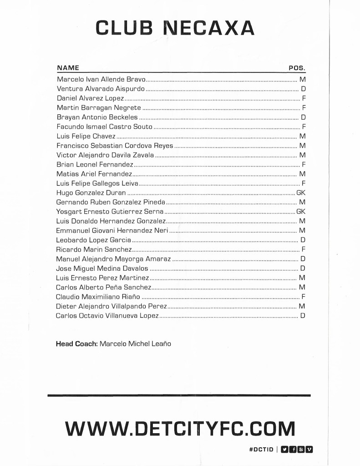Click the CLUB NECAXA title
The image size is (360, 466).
[175, 28]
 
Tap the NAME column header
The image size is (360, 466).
[68, 68]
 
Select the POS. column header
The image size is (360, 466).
[297, 68]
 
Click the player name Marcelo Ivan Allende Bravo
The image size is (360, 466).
[101, 79]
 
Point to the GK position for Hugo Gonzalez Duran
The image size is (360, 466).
[300, 192]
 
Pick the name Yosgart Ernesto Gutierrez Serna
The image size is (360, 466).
[109, 212]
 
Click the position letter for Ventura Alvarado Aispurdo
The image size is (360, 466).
[303, 89]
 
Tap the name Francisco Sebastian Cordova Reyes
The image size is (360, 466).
[115, 146]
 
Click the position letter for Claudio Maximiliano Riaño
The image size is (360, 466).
[303, 297]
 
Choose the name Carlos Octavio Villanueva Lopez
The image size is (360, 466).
[107, 315]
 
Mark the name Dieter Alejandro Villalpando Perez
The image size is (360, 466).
[111, 306]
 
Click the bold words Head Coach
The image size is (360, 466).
[76, 344]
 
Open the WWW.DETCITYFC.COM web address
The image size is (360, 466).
[180, 429]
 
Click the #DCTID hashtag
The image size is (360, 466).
[261, 450]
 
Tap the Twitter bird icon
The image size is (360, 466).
[285, 450]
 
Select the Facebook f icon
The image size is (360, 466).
[294, 450]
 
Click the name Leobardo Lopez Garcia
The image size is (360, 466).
[93, 240]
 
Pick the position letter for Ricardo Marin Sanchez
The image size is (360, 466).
[303, 249]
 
